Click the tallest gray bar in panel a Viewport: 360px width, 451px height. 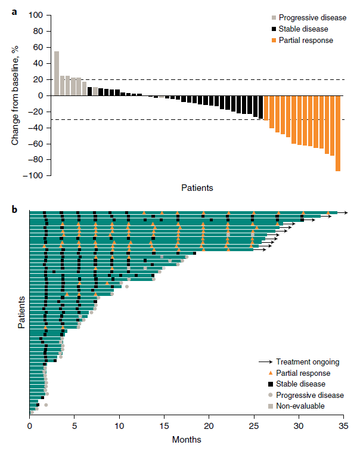57,73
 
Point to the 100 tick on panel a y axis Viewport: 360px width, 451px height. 36,15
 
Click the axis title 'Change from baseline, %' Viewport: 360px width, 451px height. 16,95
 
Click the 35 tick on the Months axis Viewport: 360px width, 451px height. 343,427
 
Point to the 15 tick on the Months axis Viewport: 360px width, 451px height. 164,427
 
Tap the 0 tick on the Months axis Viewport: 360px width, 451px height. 30,427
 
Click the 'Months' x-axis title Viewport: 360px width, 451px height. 186,440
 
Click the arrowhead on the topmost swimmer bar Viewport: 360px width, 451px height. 346,212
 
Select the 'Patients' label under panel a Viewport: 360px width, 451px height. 197,187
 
